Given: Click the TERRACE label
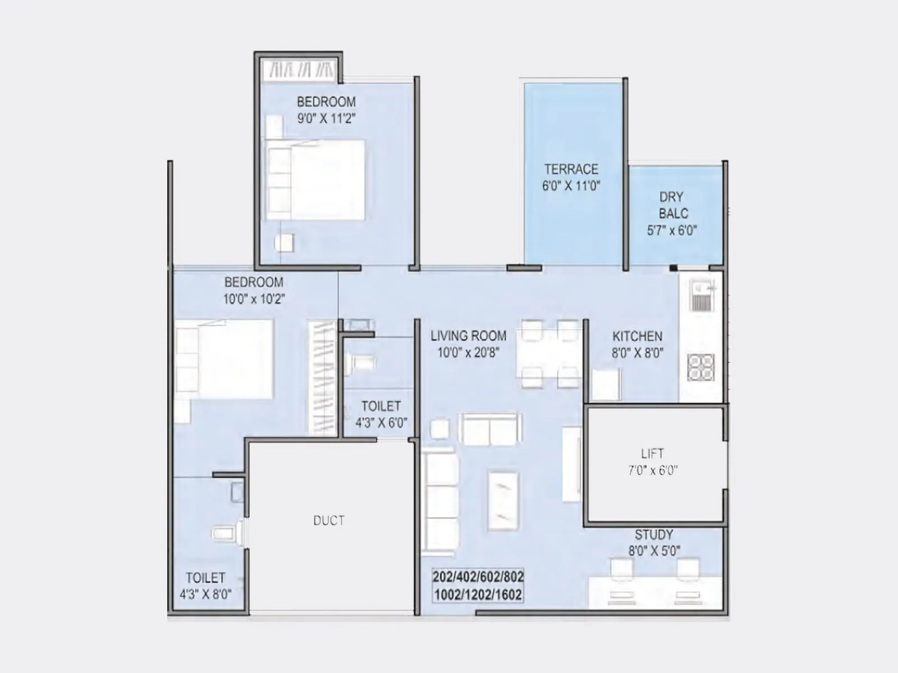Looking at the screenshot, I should tap(571, 169).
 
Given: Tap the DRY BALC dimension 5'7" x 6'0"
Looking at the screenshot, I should tap(672, 230).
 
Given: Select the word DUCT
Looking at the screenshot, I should tap(329, 520).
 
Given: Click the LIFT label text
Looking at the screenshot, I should tap(652, 453).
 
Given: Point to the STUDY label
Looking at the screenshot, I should tap(653, 534).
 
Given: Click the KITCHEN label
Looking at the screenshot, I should tap(637, 336).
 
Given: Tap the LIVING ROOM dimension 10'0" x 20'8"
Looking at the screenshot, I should tap(468, 353).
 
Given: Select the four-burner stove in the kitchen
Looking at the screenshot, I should tap(701, 368).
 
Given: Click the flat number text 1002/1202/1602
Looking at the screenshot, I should tap(478, 594).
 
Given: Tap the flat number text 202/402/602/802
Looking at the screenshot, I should tap(478, 577).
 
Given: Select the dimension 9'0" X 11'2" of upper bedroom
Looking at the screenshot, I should tap(326, 118).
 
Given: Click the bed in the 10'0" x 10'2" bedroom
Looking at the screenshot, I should tap(224, 359).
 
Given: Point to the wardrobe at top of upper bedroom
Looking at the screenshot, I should tap(300, 70).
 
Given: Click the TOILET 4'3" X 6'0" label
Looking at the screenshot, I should tap(381, 406).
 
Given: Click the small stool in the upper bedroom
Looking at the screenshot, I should tap(284, 243).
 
